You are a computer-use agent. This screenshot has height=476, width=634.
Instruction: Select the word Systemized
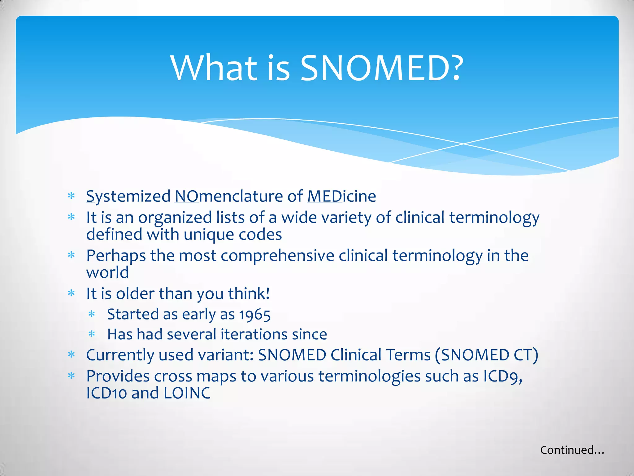(128, 196)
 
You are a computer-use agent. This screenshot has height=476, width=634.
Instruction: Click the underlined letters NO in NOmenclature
(187, 196)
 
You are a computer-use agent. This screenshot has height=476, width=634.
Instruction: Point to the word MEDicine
(341, 196)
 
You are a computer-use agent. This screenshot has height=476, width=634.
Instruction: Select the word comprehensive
(277, 256)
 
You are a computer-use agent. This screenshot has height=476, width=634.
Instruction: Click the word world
(107, 272)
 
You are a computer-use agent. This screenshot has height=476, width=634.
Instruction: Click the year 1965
(255, 315)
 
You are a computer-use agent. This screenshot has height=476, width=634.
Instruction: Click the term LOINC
(187, 393)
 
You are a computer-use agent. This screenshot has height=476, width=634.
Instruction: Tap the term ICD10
(106, 393)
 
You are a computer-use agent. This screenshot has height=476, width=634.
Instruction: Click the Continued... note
(572, 450)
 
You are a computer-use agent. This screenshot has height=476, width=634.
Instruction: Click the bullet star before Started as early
(92, 314)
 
